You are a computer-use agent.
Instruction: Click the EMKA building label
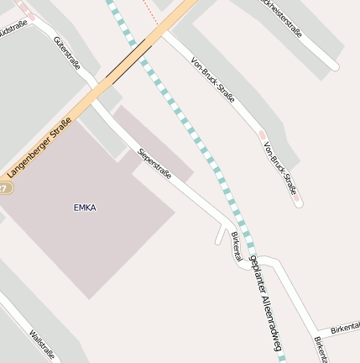[85, 207]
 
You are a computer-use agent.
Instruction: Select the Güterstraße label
[66, 52]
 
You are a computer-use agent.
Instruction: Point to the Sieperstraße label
[154, 163]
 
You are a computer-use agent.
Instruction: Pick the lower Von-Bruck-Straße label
[279, 167]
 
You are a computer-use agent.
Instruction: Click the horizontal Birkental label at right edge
[344, 327]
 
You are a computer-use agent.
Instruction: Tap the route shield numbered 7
[4, 188]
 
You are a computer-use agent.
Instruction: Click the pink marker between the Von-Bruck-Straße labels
[263, 134]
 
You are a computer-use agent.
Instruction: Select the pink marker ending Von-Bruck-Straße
[298, 202]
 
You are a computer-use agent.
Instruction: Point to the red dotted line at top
[149, 10]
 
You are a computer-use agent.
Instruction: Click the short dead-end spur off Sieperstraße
[220, 234]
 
